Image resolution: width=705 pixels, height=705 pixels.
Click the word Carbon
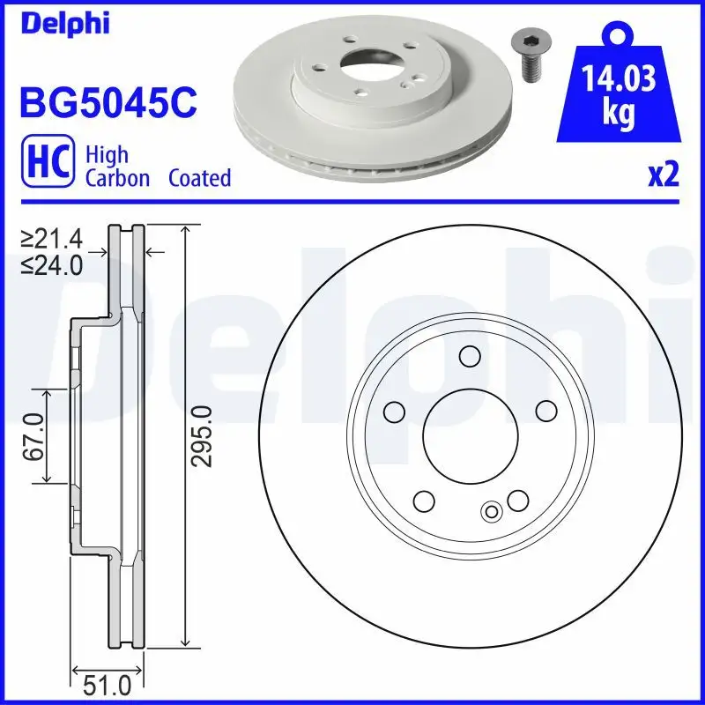(x=119, y=178)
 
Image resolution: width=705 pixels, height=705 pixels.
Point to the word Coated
(x=199, y=178)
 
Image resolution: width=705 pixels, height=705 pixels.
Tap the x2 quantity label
(x=664, y=176)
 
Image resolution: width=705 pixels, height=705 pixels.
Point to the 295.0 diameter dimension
(x=202, y=436)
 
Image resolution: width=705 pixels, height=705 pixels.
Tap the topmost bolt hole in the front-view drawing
(x=470, y=356)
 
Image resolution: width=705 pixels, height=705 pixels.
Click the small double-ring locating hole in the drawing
(x=492, y=510)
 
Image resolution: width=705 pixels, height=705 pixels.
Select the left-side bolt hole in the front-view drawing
(x=393, y=412)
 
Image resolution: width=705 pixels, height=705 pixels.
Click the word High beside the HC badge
(x=107, y=156)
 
